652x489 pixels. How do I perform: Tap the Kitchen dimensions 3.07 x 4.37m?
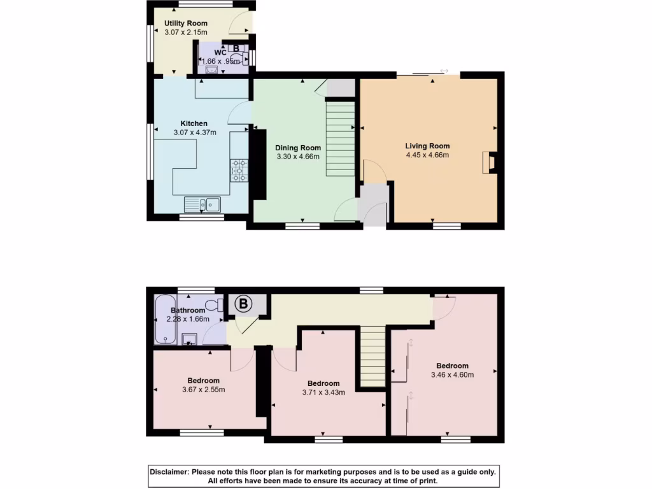click(194, 132)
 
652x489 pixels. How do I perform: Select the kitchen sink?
click(202, 204)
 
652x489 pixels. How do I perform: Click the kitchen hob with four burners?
click(239, 170)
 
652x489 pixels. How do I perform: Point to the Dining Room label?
click(298, 148)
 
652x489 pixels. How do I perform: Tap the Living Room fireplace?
click(488, 163)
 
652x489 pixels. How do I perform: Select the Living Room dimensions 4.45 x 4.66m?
click(427, 155)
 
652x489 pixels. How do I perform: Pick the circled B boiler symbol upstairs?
click(243, 304)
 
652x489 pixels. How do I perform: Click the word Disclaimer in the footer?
click(169, 472)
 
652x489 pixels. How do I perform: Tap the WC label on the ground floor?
click(219, 52)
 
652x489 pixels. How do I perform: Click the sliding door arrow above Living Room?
click(444, 71)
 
